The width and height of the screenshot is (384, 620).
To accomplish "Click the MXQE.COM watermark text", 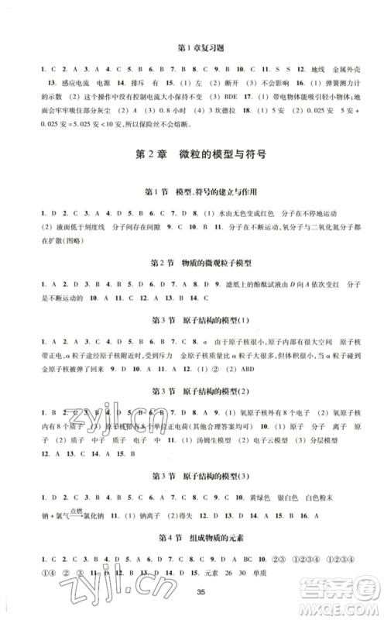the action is (x=345, y=608).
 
